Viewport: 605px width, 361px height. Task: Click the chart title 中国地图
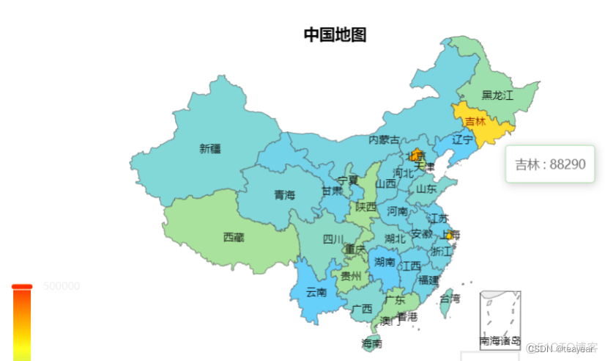point(335,34)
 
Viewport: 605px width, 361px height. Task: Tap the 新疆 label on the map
point(209,149)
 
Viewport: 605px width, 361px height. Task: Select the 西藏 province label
point(234,237)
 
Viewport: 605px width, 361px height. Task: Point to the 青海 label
point(284,195)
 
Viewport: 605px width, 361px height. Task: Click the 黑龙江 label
point(497,95)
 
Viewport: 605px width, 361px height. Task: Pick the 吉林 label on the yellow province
point(475,121)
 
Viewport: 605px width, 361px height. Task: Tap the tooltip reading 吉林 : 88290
point(549,164)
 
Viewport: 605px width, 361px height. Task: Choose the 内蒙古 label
point(384,139)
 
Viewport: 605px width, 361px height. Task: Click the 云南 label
point(316,292)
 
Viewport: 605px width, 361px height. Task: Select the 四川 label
point(333,239)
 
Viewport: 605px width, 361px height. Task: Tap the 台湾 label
point(450,299)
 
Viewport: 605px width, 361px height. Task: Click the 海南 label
point(371,343)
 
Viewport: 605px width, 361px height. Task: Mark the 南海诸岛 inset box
point(500,319)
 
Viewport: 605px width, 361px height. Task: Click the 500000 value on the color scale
point(62,286)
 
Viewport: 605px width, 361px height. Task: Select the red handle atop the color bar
point(22,286)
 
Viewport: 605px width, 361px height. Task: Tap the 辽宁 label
point(462,139)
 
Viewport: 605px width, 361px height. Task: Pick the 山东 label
point(426,189)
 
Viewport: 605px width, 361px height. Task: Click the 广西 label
point(362,308)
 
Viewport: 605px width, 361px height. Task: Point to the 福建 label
point(429,280)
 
